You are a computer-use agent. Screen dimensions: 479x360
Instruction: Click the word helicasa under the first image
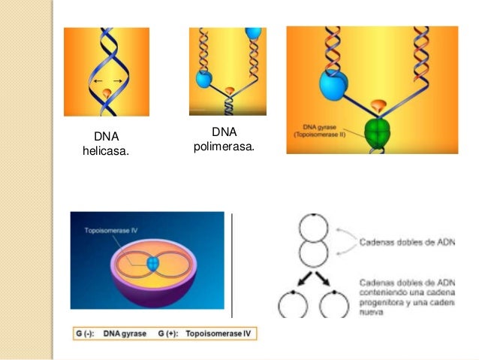[x=105, y=152]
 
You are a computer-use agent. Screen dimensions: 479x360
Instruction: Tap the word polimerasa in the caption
[x=223, y=146]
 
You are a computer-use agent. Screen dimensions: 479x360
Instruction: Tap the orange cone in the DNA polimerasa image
[x=230, y=92]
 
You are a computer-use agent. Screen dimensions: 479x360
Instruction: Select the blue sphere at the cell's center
[x=154, y=264]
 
